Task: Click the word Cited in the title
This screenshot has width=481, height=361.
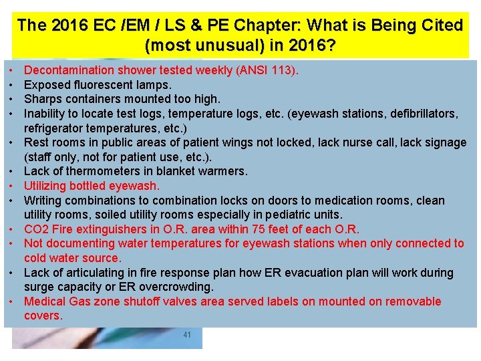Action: coord(438,25)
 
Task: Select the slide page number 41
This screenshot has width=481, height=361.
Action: coord(187,334)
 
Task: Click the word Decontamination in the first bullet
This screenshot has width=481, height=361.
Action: coord(69,70)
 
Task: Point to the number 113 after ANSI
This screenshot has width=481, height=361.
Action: coord(283,70)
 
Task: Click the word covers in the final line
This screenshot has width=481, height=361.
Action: coord(42,316)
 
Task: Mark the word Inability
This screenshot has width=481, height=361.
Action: coord(46,114)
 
